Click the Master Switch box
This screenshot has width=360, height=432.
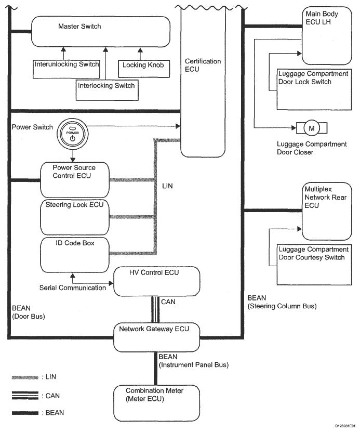(x=101, y=31)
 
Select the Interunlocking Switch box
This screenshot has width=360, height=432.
(x=66, y=69)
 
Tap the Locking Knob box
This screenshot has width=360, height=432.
(x=144, y=69)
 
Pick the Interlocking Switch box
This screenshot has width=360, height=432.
(x=107, y=90)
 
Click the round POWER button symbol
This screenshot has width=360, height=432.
(x=73, y=134)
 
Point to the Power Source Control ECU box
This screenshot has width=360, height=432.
(x=75, y=180)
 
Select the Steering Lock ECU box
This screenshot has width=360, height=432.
(x=75, y=217)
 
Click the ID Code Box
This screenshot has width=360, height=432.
(x=75, y=255)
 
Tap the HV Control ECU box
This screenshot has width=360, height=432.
(x=157, y=281)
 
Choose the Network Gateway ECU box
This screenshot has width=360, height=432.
(x=156, y=337)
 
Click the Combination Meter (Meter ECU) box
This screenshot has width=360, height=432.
(x=156, y=403)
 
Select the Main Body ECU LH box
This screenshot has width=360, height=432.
(x=327, y=36)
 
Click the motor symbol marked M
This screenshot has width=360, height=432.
(x=312, y=128)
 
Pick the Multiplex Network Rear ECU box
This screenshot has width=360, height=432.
(x=327, y=211)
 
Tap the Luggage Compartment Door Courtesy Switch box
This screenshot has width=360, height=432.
(x=314, y=265)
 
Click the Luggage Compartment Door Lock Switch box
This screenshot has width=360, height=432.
(x=314, y=89)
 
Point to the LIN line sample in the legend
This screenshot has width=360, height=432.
(x=25, y=377)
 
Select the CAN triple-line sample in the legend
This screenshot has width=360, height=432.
(x=25, y=396)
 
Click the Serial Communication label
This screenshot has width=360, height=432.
(x=73, y=288)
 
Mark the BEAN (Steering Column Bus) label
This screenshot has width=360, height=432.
(x=282, y=302)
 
